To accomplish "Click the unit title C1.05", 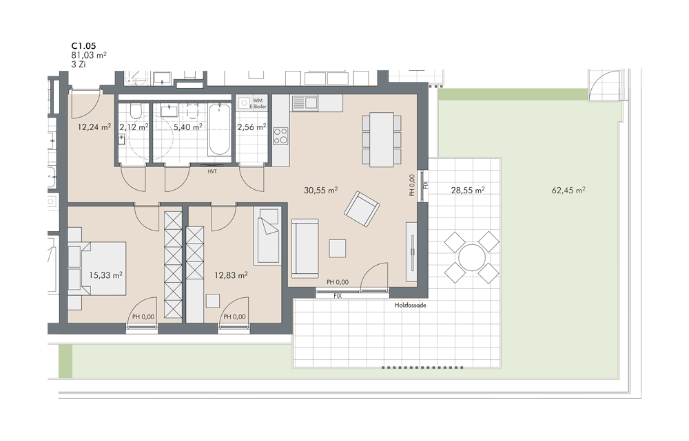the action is pos(83,45).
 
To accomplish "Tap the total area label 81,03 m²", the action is pos(89,55).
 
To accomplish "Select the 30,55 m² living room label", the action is pos(321,190).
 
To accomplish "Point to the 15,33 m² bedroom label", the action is pos(105,275).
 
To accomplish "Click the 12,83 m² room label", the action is pos(231,275).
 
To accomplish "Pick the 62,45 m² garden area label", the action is pos(568,190).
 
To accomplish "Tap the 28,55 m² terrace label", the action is pos(468,190).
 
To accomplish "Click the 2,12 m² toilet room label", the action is pos(134,127).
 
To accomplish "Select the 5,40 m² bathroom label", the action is pos(187,127).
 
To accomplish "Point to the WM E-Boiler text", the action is pos(258,103).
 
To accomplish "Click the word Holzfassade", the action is pos(410,305).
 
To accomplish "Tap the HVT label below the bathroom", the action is pos(212,171).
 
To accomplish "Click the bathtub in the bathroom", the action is pos(219,129).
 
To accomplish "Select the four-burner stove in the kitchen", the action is pos(281,136).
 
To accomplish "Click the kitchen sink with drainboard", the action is pos(305,103).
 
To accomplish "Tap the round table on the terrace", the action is pos(471,257).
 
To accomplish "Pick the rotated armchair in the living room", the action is pos(362,209).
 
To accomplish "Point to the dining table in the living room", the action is pos(382,140).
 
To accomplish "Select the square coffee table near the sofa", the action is pos(338,248).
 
